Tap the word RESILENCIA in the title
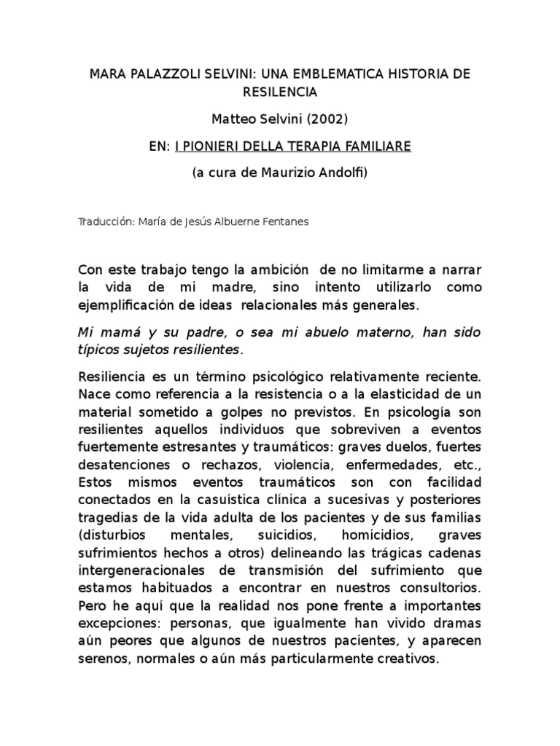click(280, 93)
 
